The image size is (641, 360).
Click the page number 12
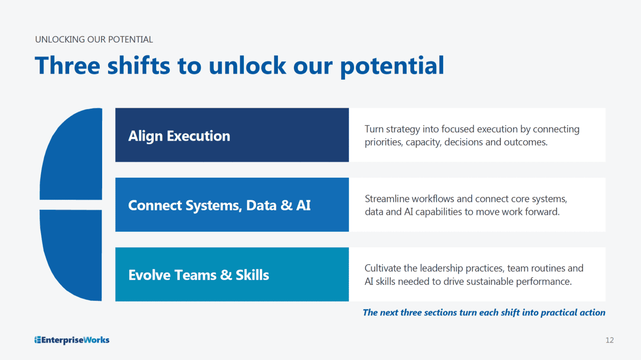(x=609, y=340)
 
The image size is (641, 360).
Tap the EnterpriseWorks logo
(x=72, y=340)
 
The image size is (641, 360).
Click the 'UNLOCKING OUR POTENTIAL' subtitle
(x=94, y=39)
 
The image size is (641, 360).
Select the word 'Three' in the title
(x=68, y=66)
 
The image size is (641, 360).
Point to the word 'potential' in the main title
(x=392, y=67)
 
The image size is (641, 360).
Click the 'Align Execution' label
(x=179, y=136)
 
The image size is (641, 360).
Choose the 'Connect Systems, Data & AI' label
(x=219, y=205)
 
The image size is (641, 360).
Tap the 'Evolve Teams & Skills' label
(x=199, y=275)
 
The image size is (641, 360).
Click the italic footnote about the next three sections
(x=484, y=312)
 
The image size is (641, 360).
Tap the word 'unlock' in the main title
(x=247, y=66)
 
